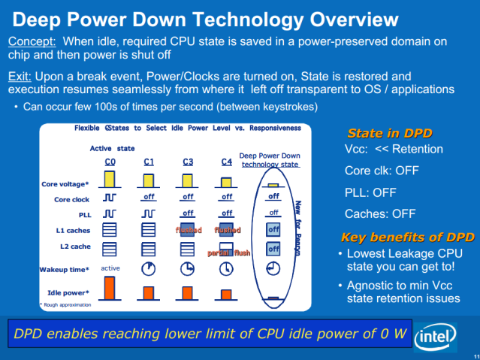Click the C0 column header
110,162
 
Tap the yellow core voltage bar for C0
110,179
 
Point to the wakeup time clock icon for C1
148,268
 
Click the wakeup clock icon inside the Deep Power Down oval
273,268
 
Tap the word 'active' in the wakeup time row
110,268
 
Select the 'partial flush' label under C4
229,253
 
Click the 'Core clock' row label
71,200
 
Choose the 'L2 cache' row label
74,246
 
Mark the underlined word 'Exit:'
22,76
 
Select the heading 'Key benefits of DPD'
408,237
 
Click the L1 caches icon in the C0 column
110,230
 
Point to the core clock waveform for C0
110,199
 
